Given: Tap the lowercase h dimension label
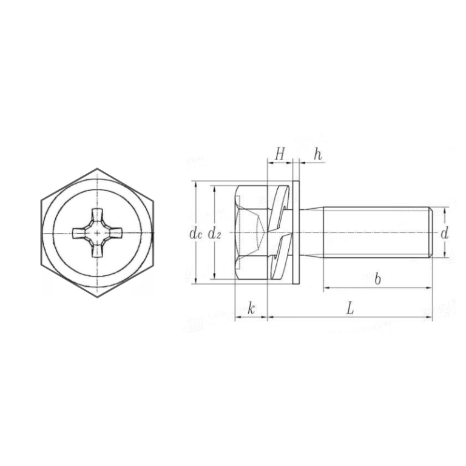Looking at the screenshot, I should point(317,155).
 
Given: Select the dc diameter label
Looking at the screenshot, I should point(194,233).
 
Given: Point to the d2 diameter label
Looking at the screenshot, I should point(214,233).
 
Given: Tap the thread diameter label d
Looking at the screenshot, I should point(445,233).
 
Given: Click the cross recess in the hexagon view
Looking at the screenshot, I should point(97,233).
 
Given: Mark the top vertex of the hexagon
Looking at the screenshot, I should point(97,167).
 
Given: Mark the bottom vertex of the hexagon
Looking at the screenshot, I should point(97,299).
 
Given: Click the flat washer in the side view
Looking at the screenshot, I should point(296,233).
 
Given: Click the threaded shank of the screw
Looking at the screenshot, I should point(376,233).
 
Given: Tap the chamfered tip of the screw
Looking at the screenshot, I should point(430,233).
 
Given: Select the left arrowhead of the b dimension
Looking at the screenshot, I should point(326,287).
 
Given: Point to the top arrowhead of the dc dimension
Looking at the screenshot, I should point(195,184).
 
